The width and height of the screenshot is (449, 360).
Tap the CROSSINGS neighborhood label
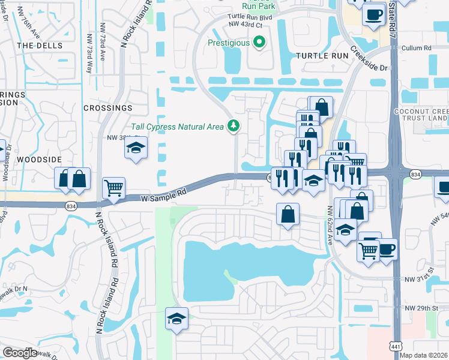point(108,108)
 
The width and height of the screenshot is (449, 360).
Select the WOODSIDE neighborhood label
point(39,159)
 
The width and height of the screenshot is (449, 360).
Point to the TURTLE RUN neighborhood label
point(322,55)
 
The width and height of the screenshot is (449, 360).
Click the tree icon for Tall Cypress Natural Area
point(233,126)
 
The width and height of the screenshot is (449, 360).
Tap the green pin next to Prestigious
point(259,43)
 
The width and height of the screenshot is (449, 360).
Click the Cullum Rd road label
point(417,47)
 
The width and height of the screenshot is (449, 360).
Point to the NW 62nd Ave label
point(330,226)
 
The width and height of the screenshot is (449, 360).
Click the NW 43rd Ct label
point(246,25)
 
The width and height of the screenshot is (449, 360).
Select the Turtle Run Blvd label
point(250,17)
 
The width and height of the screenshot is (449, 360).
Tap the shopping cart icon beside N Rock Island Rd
point(113,187)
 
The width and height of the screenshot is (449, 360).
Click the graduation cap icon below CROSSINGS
point(136,147)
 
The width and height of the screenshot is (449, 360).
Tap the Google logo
point(20,352)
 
